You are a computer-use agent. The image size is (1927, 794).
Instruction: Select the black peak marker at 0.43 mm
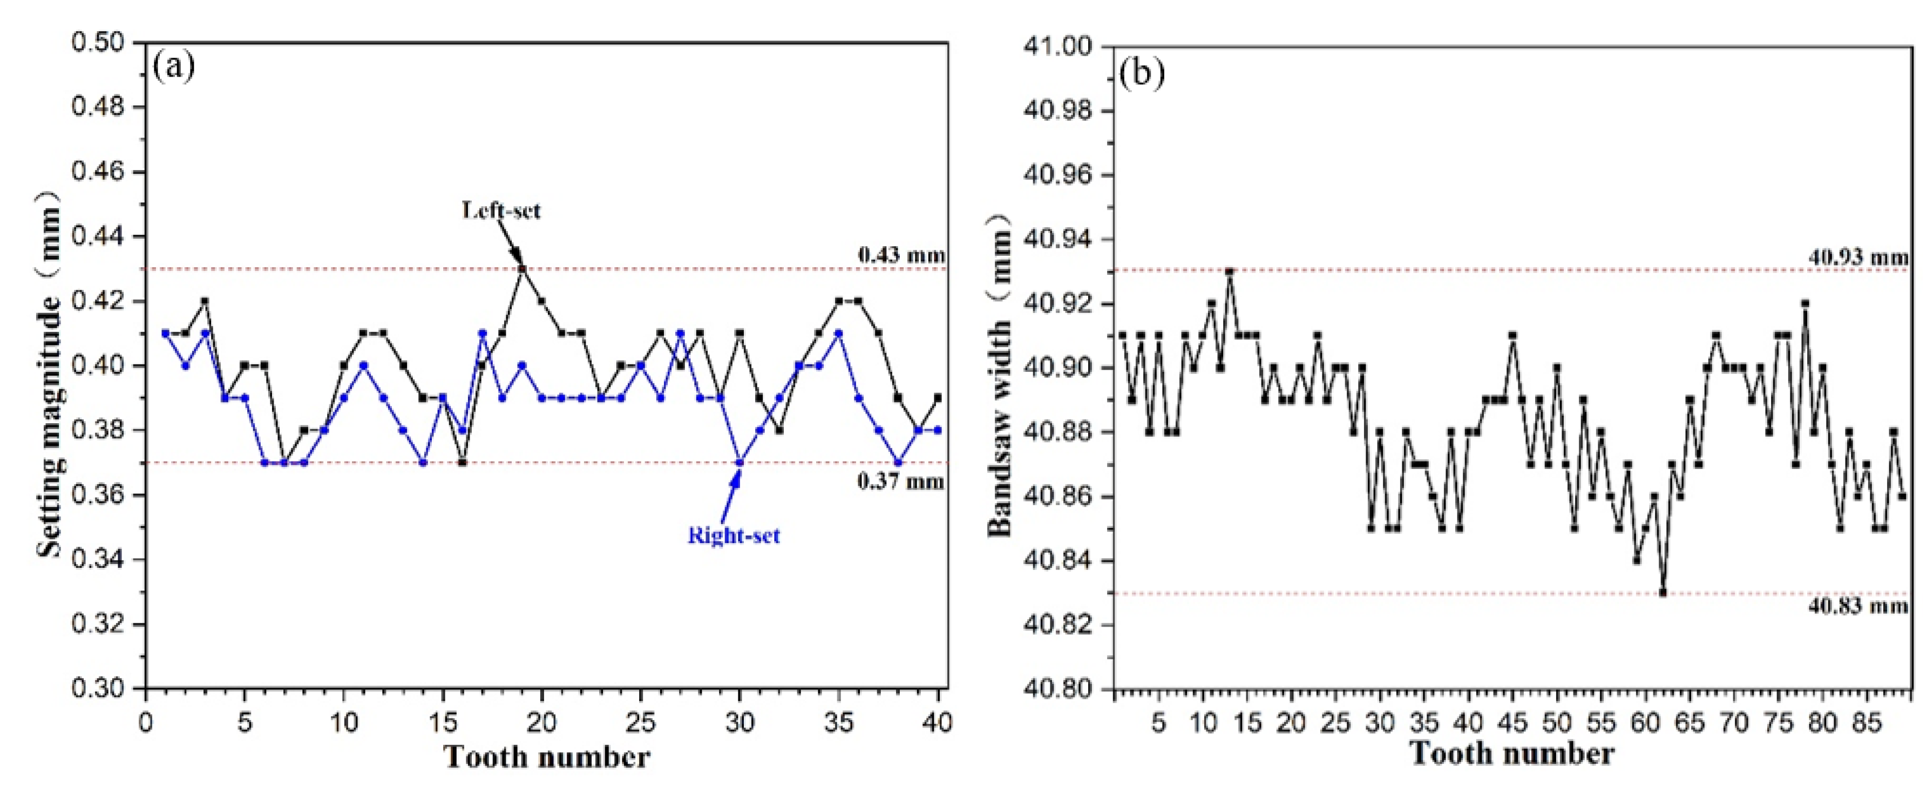pyautogui.click(x=522, y=268)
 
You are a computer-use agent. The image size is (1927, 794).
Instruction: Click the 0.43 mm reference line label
pyautogui.click(x=901, y=255)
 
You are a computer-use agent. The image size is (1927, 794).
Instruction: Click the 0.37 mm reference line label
pyautogui.click(x=901, y=481)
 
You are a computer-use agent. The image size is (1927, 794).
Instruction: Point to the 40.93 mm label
pyautogui.click(x=1858, y=257)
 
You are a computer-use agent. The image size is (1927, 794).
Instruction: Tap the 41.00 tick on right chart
pyautogui.click(x=1061, y=46)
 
